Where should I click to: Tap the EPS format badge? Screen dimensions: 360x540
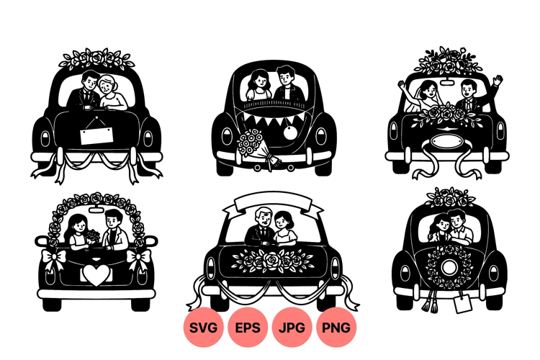click(248, 328)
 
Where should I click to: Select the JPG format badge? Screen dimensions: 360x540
click(292, 328)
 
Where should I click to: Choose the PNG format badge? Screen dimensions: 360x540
click(336, 328)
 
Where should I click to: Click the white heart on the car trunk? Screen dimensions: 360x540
click(96, 275)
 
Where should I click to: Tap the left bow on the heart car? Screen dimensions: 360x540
click(53, 258)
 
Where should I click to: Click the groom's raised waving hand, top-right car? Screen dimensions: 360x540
click(498, 81)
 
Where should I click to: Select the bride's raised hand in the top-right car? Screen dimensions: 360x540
click(401, 85)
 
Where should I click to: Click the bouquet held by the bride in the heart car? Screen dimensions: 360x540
click(92, 238)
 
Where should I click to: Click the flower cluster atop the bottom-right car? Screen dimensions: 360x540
click(451, 196)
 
